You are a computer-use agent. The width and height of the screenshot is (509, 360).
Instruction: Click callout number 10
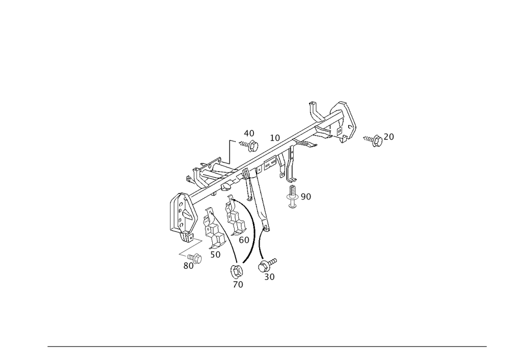point(275,137)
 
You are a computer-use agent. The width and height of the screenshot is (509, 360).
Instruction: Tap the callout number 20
point(389,136)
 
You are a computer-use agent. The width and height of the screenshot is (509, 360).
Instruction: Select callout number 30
point(270,277)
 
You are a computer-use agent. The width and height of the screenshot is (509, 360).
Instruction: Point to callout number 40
point(249,133)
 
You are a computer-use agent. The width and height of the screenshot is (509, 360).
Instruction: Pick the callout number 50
point(215,254)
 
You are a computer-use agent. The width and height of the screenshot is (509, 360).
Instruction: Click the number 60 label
point(244,239)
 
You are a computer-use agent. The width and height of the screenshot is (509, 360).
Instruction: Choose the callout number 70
point(238,285)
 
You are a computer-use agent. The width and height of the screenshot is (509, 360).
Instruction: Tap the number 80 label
point(189,266)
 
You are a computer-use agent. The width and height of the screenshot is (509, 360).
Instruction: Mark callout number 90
point(305,197)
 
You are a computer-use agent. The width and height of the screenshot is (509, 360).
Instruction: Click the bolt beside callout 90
point(292,195)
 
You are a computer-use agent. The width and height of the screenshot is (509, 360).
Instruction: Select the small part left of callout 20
point(375,140)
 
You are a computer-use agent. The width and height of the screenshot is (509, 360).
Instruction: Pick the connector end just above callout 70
point(236,272)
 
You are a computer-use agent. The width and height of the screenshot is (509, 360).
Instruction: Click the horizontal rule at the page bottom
point(267,347)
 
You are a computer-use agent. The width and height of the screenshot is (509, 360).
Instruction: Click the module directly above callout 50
point(213,227)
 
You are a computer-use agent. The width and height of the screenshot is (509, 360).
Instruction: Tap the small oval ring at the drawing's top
point(312,103)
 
